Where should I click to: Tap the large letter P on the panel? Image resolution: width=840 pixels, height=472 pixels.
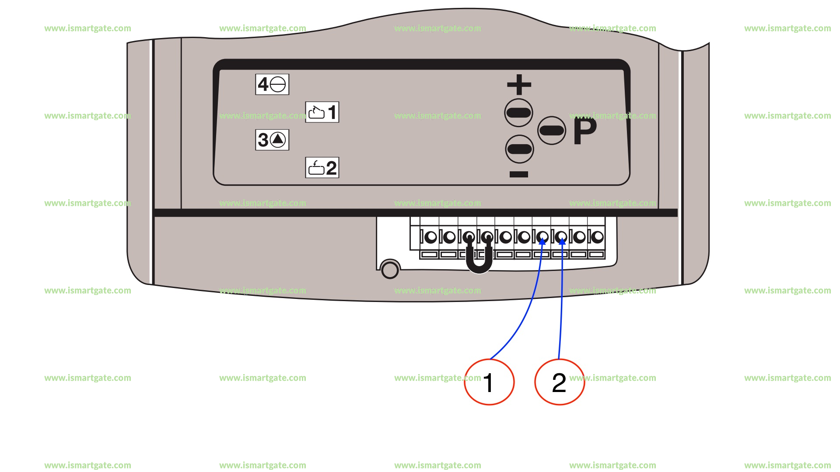tap(585, 130)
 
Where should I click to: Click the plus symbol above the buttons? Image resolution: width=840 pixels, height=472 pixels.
tap(519, 84)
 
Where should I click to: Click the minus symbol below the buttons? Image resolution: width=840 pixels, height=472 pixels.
tap(519, 174)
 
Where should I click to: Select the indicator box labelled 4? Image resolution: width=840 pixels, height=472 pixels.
tap(272, 84)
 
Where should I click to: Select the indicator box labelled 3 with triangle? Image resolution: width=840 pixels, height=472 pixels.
tap(272, 140)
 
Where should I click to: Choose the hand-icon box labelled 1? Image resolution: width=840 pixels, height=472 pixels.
tap(322, 112)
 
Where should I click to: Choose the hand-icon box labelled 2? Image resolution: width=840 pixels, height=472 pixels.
tap(322, 168)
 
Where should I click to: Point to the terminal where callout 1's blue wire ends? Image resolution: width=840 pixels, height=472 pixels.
tap(542, 237)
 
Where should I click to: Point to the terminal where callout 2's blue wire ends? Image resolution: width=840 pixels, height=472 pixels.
tap(561, 237)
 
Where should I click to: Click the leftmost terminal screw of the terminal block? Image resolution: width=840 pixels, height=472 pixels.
tap(431, 237)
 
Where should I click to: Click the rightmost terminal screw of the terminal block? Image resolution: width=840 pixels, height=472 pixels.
tap(598, 237)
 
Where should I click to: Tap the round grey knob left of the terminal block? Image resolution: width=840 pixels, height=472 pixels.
tap(390, 270)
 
